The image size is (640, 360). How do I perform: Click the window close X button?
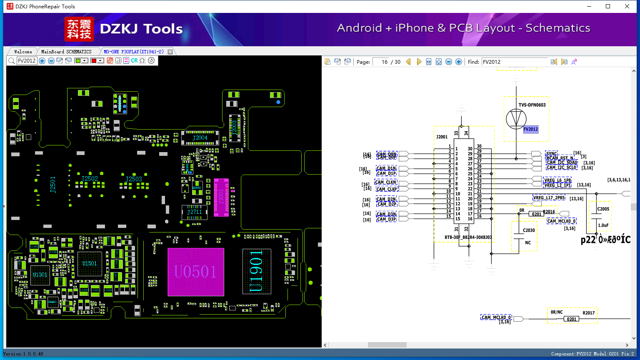click(x=627, y=6)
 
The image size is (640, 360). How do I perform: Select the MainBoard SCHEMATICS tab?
click(x=66, y=52)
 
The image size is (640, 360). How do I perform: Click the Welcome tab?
click(x=23, y=52)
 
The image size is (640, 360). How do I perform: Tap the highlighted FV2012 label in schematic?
click(x=531, y=129)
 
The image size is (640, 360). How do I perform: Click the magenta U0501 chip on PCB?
click(x=195, y=272)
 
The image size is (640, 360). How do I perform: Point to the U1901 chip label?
click(x=256, y=271)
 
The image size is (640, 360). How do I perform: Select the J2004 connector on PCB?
click(x=200, y=138)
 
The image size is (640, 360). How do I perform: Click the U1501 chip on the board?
click(x=90, y=263)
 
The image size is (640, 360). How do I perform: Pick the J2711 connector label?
click(x=195, y=212)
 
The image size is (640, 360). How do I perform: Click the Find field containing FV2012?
click(x=515, y=62)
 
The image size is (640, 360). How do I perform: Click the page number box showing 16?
click(x=380, y=62)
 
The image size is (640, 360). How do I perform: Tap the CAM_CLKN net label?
click(x=386, y=182)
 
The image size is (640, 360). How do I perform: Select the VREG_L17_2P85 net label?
click(x=549, y=197)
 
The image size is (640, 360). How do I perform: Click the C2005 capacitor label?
click(x=603, y=209)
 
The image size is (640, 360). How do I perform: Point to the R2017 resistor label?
click(x=588, y=313)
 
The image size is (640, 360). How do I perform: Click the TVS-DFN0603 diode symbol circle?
click(x=516, y=119)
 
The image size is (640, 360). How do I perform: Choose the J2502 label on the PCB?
click(x=90, y=179)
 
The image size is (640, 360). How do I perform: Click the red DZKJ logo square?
click(x=79, y=29)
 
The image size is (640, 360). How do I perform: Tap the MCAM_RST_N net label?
click(x=560, y=158)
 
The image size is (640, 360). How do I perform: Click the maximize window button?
click(x=608, y=6)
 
